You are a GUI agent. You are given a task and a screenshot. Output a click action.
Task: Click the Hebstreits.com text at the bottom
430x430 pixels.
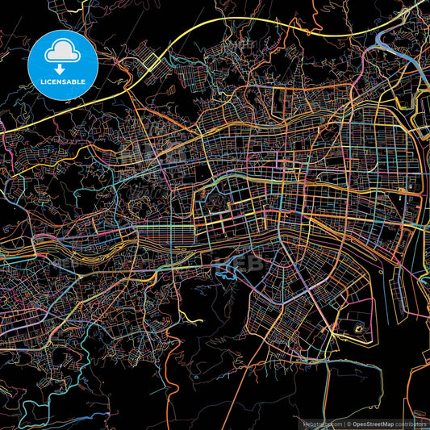[x=321, y=424]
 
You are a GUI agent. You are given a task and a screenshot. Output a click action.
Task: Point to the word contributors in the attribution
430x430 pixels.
[x=412, y=424]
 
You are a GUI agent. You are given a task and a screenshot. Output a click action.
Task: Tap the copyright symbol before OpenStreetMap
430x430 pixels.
[x=348, y=424]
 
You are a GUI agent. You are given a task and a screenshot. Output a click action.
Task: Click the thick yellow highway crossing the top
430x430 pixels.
[x=242, y=19]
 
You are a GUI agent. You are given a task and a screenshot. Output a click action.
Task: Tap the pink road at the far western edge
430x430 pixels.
[x=6, y=145]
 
